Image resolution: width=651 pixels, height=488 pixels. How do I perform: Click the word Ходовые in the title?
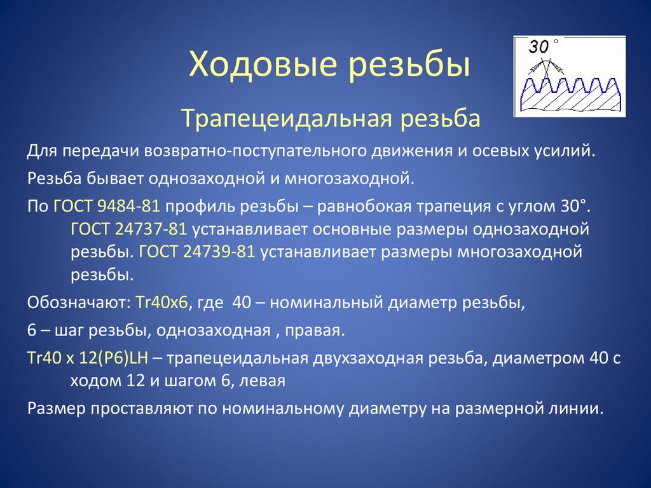pyautogui.click(x=257, y=67)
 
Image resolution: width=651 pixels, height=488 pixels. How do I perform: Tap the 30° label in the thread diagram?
pyautogui.click(x=540, y=46)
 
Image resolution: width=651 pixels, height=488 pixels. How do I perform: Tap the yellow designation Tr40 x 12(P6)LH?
pyautogui.click(x=88, y=358)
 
